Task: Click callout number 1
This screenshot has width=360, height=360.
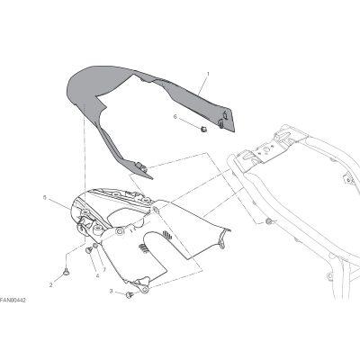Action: [208, 74]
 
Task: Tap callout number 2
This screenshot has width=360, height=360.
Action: [50, 285]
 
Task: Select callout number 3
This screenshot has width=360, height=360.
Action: [111, 291]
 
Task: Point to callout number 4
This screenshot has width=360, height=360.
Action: [97, 275]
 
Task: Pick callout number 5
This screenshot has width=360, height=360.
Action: [45, 197]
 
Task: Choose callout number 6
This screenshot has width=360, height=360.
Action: [175, 117]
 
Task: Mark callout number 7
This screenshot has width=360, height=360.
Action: [104, 270]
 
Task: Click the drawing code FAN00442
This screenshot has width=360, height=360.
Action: [13, 301]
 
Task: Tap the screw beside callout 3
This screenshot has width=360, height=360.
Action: [130, 295]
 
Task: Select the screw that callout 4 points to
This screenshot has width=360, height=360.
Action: [89, 249]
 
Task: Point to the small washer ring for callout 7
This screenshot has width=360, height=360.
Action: [95, 246]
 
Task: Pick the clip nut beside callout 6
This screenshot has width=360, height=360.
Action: [204, 130]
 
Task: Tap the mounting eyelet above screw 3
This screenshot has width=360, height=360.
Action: [146, 289]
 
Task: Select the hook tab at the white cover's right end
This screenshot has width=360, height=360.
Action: [221, 241]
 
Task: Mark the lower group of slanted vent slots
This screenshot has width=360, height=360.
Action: [143, 248]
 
